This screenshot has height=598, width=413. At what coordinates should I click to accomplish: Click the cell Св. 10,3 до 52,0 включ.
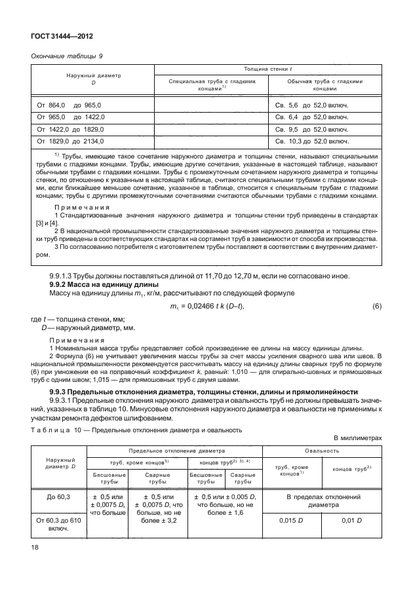click(311, 141)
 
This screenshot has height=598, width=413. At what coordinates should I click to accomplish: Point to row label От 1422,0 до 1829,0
click(72, 129)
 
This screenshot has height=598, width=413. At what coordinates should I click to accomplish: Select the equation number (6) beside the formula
click(376, 307)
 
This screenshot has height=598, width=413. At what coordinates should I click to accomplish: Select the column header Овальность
click(322, 452)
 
